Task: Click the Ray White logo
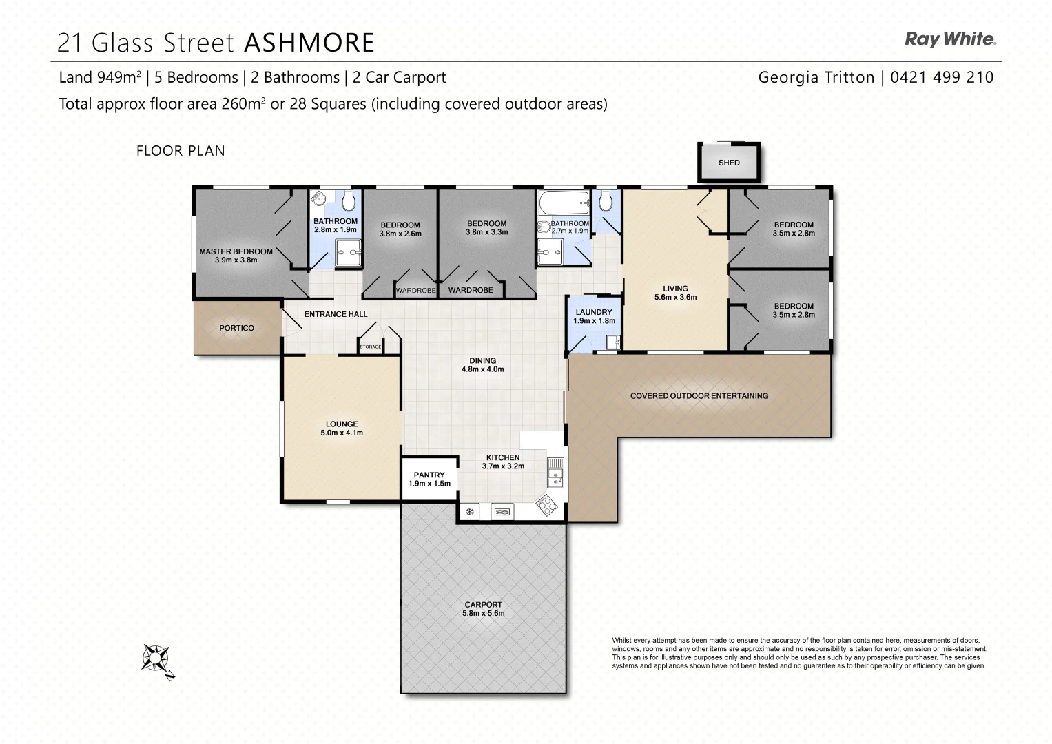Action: click(950, 39)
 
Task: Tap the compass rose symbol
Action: click(157, 659)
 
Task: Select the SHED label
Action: click(729, 163)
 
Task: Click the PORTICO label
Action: click(236, 328)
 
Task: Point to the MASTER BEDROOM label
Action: click(236, 251)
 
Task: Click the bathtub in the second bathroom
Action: click(564, 203)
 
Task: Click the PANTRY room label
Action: click(429, 475)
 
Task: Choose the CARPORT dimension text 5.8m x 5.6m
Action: click(484, 613)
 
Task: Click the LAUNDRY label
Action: click(594, 312)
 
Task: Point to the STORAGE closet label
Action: click(370, 347)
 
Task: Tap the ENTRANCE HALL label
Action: click(336, 314)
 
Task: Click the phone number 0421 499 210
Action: click(942, 77)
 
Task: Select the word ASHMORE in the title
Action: click(309, 43)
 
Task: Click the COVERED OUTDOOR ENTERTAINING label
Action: click(699, 395)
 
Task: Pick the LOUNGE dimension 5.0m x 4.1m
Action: click(342, 433)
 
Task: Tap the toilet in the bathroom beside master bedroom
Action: click(349, 201)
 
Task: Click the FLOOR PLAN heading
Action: click(181, 150)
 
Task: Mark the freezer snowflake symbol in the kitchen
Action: click(469, 511)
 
